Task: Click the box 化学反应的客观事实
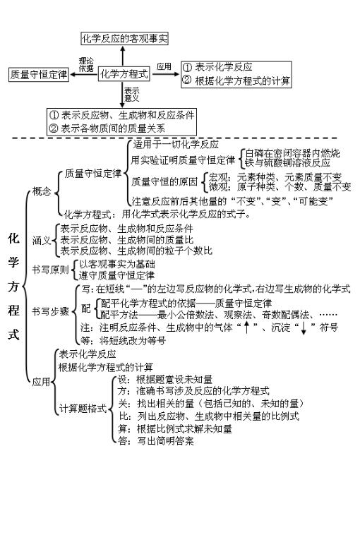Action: pyautogui.click(x=124, y=38)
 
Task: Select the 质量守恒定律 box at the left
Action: pyautogui.click(x=39, y=75)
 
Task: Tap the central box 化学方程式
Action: pyautogui.click(x=124, y=74)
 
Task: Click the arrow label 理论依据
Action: pyautogui.click(x=86, y=64)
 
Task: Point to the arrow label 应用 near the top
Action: pyautogui.click(x=164, y=66)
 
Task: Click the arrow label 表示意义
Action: pyautogui.click(x=131, y=94)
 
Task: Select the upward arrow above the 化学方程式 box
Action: pyautogui.click(x=122, y=56)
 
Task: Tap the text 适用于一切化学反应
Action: pyautogui.click(x=176, y=144)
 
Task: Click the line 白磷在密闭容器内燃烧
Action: pyautogui.click(x=292, y=153)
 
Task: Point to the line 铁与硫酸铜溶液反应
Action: pyautogui.click(x=287, y=163)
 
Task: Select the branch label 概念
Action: pyautogui.click(x=42, y=191)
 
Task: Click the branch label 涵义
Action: pyautogui.click(x=42, y=240)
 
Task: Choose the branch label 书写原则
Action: pyautogui.click(x=50, y=270)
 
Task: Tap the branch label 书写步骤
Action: pyautogui.click(x=50, y=311)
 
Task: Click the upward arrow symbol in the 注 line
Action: pyautogui.click(x=246, y=327)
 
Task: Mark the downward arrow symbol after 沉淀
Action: pyautogui.click(x=304, y=328)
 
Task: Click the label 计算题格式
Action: pyautogui.click(x=83, y=409)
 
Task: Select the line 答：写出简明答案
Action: pyautogui.click(x=156, y=441)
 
